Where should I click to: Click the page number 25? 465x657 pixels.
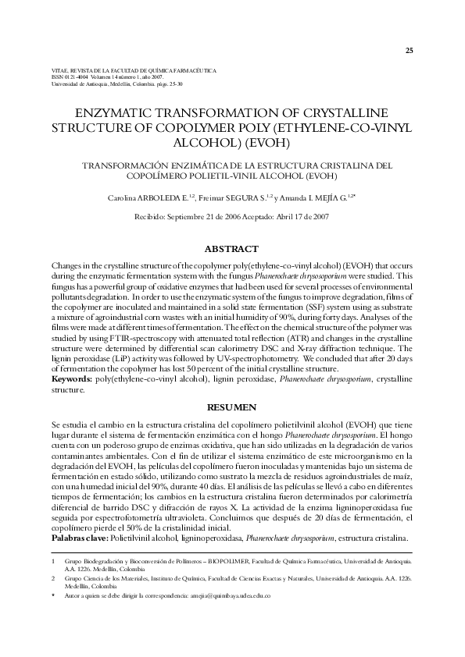tap(409, 51)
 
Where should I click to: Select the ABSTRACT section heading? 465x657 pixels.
tap(231, 249)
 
